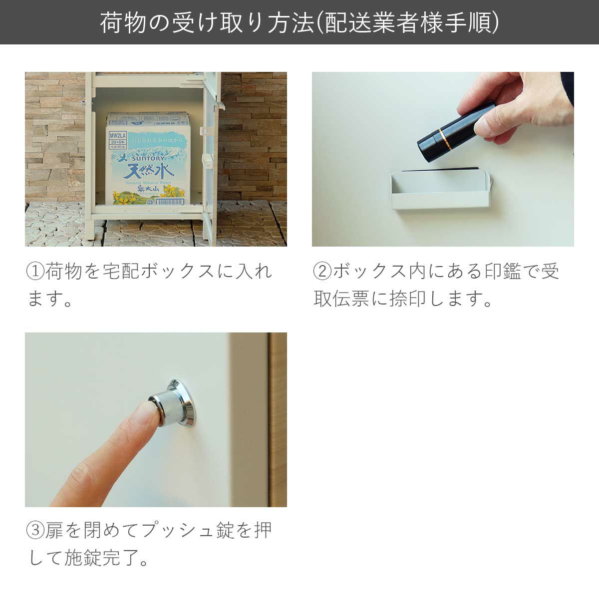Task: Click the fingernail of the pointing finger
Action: click(148, 412)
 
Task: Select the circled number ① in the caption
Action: click(35, 272)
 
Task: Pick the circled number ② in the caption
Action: click(322, 272)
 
